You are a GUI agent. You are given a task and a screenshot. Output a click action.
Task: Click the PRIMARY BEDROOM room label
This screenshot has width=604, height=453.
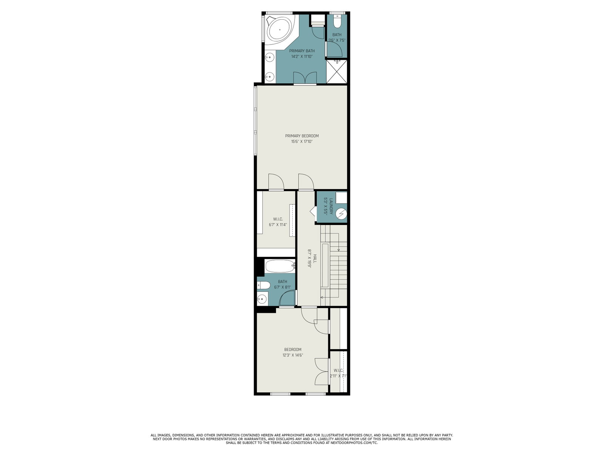point(302,136)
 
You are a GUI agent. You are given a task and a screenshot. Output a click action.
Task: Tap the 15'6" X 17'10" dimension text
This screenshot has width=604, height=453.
point(302,142)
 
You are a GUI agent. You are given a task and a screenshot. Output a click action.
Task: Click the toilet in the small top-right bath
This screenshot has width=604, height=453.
point(337,21)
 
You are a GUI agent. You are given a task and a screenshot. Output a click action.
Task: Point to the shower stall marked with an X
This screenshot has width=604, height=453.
point(336,71)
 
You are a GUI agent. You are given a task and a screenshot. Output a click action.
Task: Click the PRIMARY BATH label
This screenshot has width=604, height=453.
point(302,51)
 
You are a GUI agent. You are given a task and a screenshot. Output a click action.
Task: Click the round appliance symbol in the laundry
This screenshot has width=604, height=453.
point(341,214)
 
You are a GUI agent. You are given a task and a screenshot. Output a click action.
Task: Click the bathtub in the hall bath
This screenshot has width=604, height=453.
point(280,266)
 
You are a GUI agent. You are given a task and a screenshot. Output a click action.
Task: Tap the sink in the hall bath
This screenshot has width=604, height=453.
point(262,299)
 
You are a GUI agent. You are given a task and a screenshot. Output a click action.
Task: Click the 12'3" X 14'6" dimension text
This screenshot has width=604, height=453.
point(293,355)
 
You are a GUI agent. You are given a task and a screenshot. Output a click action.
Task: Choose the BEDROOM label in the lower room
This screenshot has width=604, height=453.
point(293,350)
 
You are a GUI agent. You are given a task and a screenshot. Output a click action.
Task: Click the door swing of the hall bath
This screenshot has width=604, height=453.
point(287,298)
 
